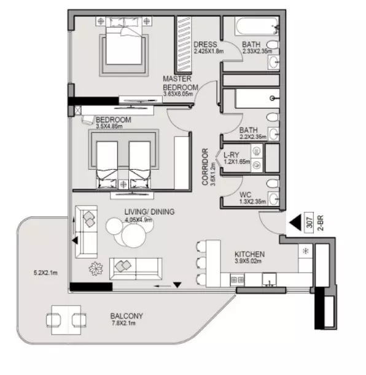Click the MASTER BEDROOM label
(x=181, y=83)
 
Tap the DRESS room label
(x=205, y=45)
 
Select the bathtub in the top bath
(x=257, y=26)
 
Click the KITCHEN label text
(x=249, y=254)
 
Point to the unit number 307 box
(x=309, y=222)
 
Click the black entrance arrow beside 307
(x=295, y=222)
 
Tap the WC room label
(x=246, y=195)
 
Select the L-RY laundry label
(x=232, y=155)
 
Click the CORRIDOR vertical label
(x=205, y=167)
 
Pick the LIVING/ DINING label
(x=149, y=211)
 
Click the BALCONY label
(x=127, y=316)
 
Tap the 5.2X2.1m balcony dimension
(x=45, y=273)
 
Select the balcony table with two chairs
(x=66, y=320)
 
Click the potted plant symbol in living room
(x=96, y=268)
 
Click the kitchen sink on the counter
(x=269, y=279)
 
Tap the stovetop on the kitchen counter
(x=237, y=279)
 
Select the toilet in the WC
(x=273, y=184)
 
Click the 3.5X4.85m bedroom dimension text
(x=109, y=126)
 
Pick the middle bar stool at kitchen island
(x=201, y=262)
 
